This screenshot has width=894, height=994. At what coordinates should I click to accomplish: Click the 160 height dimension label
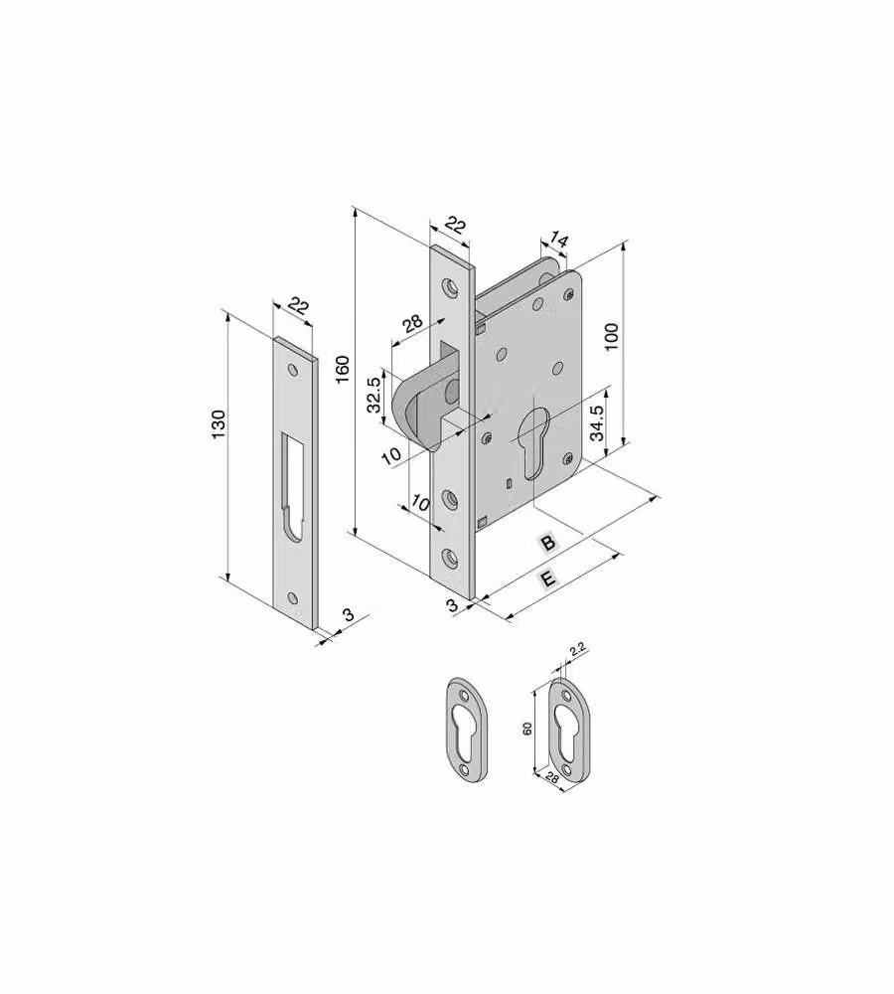(342, 369)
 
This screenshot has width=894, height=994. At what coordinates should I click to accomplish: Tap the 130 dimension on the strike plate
(218, 424)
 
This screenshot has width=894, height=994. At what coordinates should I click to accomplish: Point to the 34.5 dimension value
(596, 422)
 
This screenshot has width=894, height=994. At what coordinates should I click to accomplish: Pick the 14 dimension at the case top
(558, 241)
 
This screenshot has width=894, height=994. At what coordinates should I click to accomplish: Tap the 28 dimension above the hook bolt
(412, 323)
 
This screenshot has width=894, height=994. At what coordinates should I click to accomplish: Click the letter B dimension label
(548, 543)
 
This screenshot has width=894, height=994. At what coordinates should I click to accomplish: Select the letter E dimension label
(547, 579)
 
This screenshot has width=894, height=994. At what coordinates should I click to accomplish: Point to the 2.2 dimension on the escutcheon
(577, 649)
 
